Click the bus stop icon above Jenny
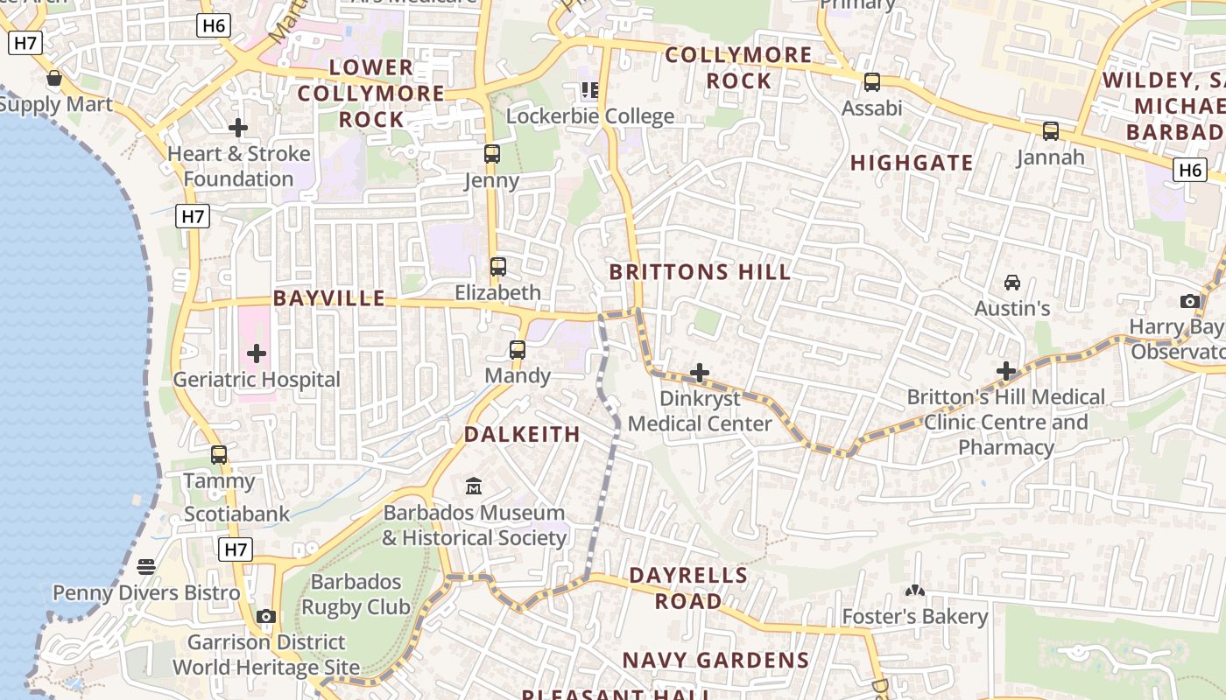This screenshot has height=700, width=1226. point(492,154)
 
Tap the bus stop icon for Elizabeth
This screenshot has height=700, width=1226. point(497,266)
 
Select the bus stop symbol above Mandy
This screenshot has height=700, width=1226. point(518,350)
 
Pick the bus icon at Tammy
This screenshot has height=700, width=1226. point(219,455)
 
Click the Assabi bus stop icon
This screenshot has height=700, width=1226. point(871,82)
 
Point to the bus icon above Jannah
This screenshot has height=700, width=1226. point(1050,131)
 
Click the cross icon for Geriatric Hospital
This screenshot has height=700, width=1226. point(257,353)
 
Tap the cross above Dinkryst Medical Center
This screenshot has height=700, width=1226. point(699,374)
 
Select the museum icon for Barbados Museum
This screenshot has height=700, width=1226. point(474,486)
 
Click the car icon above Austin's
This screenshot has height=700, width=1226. point(1012,283)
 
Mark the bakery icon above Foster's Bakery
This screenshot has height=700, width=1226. point(914,591)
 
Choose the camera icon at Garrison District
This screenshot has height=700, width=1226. point(266,617)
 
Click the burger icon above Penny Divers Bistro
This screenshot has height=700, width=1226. point(146,567)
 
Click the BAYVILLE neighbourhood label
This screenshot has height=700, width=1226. point(329,298)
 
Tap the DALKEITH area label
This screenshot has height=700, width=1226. point(522,435)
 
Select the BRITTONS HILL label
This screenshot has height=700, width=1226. point(700,272)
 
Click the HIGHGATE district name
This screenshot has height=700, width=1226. point(912,163)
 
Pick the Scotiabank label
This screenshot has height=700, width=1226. point(236,514)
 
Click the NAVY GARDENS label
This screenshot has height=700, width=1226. point(715,661)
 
